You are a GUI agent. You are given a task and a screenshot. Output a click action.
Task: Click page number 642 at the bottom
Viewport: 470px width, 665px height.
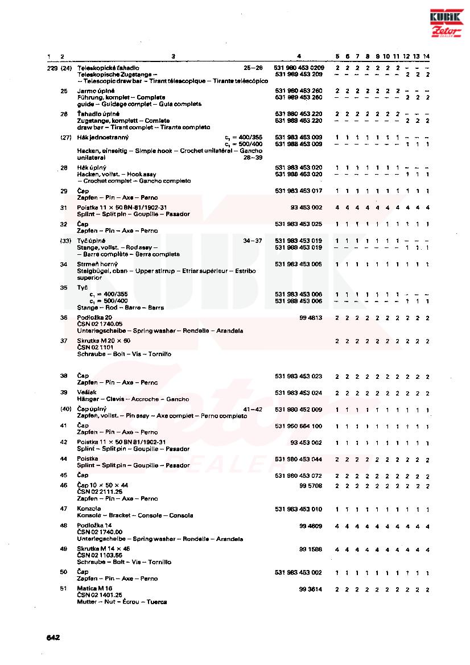(53, 638)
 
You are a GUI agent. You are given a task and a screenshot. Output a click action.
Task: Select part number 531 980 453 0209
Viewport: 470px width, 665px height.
(299, 68)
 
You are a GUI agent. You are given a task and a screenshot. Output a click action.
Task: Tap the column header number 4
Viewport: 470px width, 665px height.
(299, 56)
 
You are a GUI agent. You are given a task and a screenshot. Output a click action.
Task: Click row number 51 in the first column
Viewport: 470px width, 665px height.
(64, 589)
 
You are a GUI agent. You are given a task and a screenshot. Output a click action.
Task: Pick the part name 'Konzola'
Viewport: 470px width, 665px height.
(89, 509)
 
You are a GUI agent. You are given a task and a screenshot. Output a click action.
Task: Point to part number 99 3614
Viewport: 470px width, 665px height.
(311, 589)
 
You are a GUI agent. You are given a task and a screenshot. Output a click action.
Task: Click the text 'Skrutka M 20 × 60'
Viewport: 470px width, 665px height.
(104, 340)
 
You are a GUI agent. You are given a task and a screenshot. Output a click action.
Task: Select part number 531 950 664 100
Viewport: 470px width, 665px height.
(299, 426)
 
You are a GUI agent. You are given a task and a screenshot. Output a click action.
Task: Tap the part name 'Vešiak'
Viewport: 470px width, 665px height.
(87, 393)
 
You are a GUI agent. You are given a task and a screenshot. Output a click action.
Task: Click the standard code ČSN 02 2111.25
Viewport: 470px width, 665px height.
(100, 492)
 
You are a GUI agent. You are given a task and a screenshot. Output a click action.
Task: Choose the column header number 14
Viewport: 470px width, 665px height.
(427, 56)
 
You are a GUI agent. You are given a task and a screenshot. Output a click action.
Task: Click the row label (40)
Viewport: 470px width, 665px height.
(65, 409)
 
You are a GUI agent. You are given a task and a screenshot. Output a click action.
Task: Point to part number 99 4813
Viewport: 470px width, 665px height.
(311, 317)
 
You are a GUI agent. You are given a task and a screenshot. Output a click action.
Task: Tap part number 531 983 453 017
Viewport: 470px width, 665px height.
(299, 191)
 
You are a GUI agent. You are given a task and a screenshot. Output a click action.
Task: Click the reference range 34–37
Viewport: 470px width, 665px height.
(252, 241)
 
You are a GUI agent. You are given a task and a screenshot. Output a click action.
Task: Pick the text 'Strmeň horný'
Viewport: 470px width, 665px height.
(97, 265)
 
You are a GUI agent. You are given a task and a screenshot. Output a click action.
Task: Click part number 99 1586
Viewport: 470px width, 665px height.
(311, 549)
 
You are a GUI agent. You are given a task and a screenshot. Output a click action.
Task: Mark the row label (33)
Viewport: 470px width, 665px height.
(65, 241)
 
